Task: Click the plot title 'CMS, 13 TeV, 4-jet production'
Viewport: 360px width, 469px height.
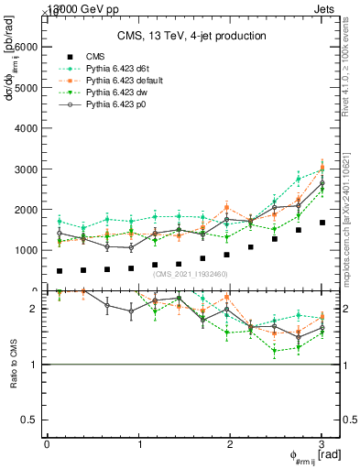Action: [191, 36]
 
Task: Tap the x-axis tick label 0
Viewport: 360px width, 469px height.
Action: [47, 444]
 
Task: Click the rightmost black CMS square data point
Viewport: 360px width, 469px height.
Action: [322, 223]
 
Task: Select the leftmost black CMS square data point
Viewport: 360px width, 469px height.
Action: [60, 271]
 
